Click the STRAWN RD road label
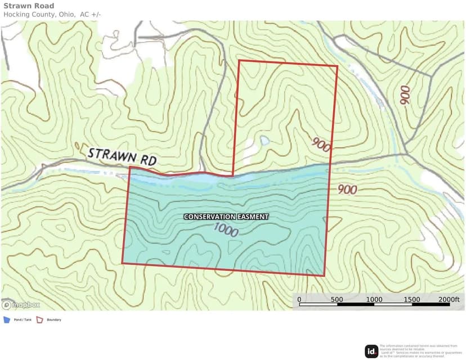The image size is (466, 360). pos(122,156)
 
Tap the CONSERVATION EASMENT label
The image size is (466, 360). pos(226,217)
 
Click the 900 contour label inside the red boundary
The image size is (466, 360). pos(320,145)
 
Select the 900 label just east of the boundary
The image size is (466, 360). pos(347,190)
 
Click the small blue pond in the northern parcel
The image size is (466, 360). pos(263,141)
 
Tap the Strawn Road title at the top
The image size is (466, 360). pos(29,6)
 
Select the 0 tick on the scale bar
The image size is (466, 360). pos(299,299)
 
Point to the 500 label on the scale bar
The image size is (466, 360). pos(337,299)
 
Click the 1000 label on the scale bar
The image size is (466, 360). pos(374,299)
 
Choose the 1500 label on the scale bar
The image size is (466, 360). pos(412,299)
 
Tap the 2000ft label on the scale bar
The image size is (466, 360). pos(449,299)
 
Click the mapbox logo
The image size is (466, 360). pos(21,305)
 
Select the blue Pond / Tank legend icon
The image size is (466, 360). pos(7,319)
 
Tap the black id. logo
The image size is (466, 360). pos(371,352)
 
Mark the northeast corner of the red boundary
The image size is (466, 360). pos(337,66)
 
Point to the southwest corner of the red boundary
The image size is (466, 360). pos(123,263)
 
